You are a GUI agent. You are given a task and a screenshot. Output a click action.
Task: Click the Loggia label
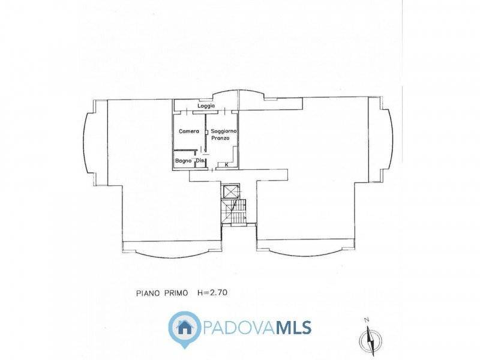pos(206,106)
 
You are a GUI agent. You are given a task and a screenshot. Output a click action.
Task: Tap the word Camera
pos(189,131)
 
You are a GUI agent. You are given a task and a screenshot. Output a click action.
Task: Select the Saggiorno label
pos(224,131)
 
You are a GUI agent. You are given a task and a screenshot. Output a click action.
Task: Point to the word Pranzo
pos(220,138)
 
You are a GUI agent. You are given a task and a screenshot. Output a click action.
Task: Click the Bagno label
pos(184,160)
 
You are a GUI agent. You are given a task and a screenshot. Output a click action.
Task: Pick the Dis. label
pos(200,160)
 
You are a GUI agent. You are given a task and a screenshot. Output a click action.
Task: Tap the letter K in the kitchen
pos(227,164)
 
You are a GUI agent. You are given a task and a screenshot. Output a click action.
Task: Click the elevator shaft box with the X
pos(230,191)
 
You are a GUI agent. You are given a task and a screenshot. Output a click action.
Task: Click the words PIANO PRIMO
pos(162,293)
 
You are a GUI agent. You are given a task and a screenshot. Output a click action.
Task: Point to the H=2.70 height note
pos(212,293)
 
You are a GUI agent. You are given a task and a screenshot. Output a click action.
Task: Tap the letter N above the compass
pos(367,320)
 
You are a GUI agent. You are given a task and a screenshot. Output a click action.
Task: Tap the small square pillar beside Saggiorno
pos(207,132)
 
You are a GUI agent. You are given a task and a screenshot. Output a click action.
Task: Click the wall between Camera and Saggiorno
pos(205,133)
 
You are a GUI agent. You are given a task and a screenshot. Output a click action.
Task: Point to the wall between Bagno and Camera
pos(185,150)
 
